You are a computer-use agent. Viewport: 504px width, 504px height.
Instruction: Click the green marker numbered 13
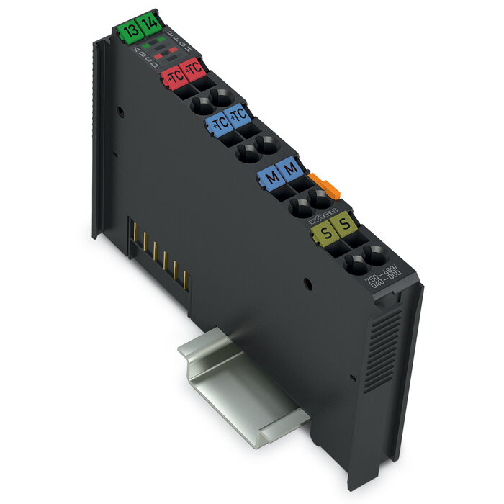coord(130,31)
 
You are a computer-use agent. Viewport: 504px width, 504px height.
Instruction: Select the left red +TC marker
coord(174,75)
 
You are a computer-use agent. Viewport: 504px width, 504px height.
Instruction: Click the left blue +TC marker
coord(217,123)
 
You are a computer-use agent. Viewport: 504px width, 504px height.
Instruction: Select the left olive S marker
coord(325,233)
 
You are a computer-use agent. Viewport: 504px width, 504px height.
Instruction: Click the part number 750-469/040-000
coord(383,278)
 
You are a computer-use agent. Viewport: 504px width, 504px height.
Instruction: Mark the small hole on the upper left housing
coord(120,112)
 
